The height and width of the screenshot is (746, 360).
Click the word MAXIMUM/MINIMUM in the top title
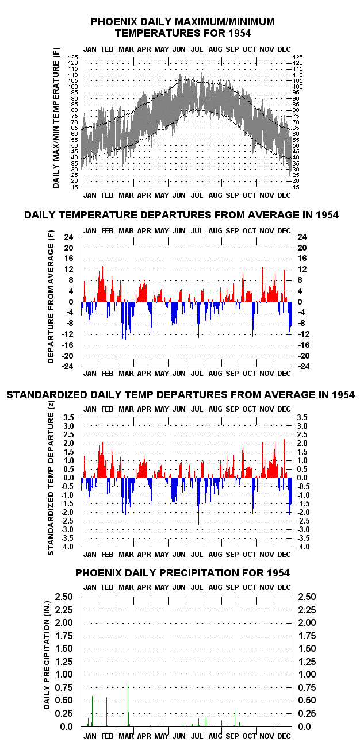(225, 22)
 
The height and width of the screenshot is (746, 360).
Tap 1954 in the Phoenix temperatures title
(240, 33)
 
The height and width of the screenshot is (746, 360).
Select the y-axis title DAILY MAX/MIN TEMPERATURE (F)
(56, 118)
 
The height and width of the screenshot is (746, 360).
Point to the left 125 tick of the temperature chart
(73, 57)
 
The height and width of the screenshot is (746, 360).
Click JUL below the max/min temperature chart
(197, 195)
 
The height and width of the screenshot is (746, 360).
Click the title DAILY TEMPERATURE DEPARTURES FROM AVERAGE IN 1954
(181, 215)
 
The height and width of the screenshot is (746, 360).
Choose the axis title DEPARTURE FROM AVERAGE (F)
(51, 297)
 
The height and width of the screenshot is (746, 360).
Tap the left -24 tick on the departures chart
(67, 366)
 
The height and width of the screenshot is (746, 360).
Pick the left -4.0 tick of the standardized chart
(67, 547)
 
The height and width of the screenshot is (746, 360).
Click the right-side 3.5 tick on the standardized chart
(302, 417)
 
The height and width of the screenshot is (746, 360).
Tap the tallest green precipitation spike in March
(128, 705)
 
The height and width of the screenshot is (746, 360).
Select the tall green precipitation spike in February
(106, 712)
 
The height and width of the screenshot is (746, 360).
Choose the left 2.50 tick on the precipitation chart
(64, 597)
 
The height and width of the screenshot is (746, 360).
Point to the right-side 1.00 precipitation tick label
(307, 674)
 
